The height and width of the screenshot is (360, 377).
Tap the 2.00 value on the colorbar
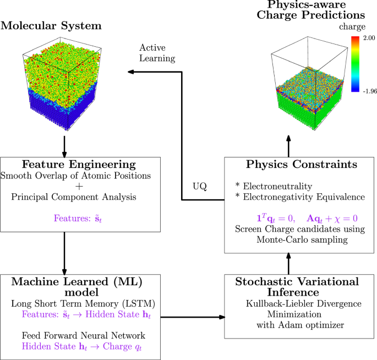click(x=367, y=38)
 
